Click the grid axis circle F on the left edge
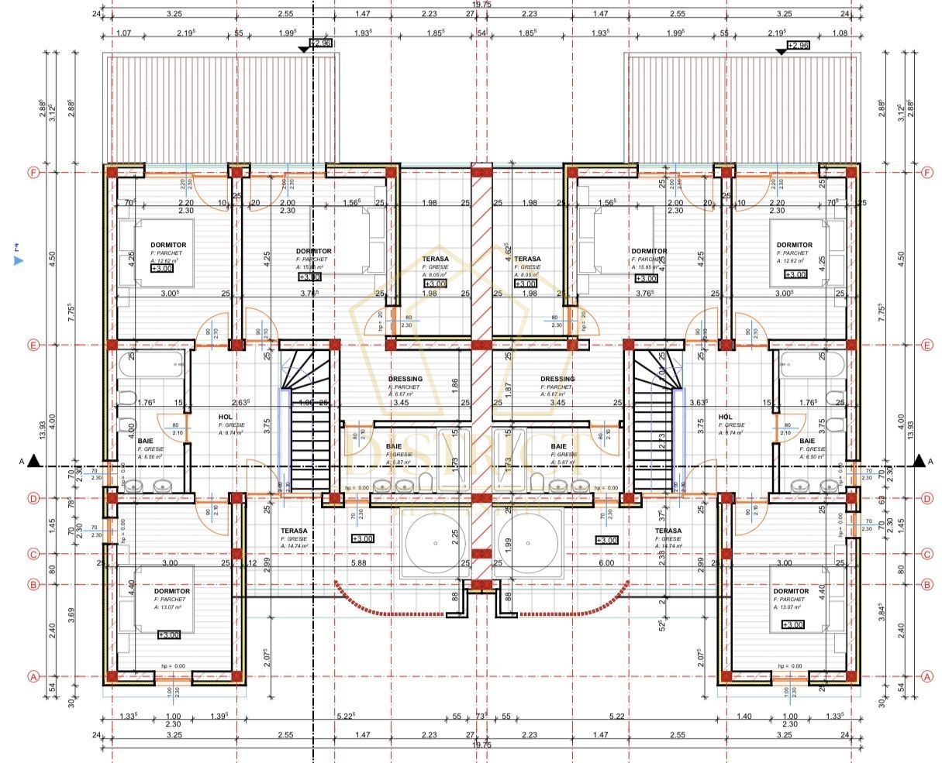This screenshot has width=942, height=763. (x=33, y=173)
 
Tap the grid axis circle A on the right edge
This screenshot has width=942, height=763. (x=928, y=676)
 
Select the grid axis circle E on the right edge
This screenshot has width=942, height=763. (x=928, y=345)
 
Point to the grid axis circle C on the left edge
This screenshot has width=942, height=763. (x=33, y=555)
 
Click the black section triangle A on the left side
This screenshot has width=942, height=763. (x=33, y=462)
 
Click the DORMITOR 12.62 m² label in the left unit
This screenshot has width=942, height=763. (x=168, y=246)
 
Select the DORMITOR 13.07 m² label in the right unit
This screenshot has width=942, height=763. (x=792, y=592)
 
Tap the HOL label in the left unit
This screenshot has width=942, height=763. (x=226, y=417)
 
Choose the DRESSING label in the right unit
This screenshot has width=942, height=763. (x=557, y=380)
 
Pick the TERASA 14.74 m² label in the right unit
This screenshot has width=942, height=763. (x=668, y=531)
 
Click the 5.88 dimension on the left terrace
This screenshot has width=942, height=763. (x=358, y=563)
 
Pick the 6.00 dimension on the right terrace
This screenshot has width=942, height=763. (x=606, y=563)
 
